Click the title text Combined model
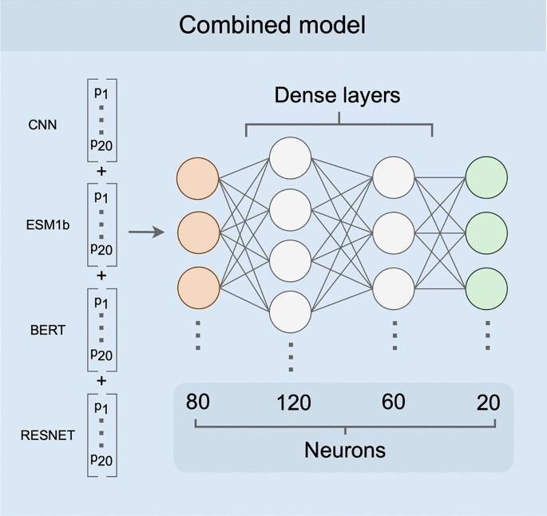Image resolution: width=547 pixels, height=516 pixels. pos(272,25)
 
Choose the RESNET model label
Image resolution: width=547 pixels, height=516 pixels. pos(49,435)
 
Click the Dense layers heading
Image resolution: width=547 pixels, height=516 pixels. pos(337,95)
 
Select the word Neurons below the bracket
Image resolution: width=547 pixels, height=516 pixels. pos(344,450)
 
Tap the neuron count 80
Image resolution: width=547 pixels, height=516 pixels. pos(197,402)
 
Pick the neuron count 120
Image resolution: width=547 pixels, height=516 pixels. pos(293,403)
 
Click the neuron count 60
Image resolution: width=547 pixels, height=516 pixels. pos(393,402)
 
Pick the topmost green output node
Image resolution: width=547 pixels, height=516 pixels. pos(486,178)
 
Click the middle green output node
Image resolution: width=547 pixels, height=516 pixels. pos(486,232)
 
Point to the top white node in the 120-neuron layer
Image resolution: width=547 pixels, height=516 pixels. pos(291,157)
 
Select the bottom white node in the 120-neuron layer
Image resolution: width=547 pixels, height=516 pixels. pos(291,310)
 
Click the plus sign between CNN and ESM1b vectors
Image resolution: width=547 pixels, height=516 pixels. pos(101,170)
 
